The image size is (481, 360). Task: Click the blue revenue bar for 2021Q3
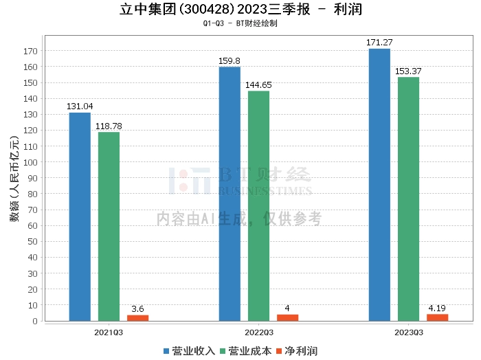pyautogui.click(x=80, y=216)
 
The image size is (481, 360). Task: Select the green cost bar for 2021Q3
pyautogui.click(x=109, y=226)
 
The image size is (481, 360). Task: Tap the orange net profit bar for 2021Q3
pyautogui.click(x=137, y=317)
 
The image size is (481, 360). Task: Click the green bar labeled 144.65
pyautogui.click(x=258, y=205)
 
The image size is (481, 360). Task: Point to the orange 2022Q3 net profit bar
pyautogui.click(x=287, y=317)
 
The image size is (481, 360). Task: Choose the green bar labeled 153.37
pyautogui.click(x=408, y=199)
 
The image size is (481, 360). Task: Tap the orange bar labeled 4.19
pyautogui.click(x=437, y=317)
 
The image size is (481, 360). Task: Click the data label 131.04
pyautogui.click(x=80, y=106)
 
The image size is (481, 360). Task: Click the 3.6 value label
pyautogui.click(x=137, y=309)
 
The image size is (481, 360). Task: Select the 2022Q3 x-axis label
pyautogui.click(x=258, y=332)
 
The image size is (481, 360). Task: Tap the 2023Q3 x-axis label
pyautogui.click(x=408, y=332)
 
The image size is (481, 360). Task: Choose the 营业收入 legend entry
pyautogui.click(x=190, y=350)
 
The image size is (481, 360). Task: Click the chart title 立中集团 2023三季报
pyautogui.click(x=240, y=10)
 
